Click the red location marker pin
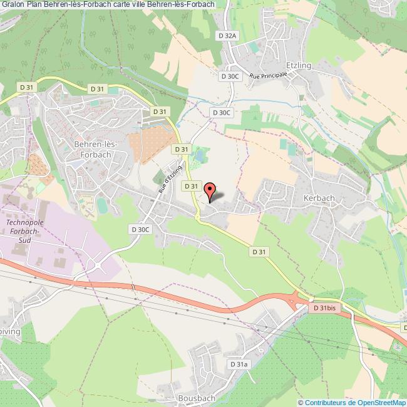click(210, 190)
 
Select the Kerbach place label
click(319, 197)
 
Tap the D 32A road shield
click(227, 36)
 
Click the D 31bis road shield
click(324, 309)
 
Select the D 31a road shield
click(239, 364)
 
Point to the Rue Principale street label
click(268, 75)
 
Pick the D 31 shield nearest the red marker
click(191, 187)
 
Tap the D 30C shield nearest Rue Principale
click(230, 76)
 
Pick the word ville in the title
click(140, 4)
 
